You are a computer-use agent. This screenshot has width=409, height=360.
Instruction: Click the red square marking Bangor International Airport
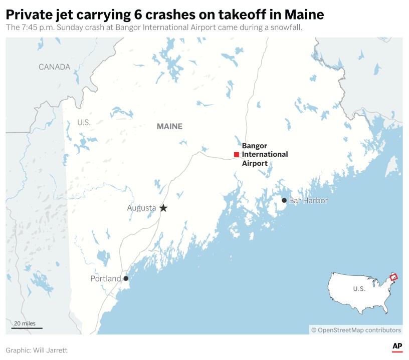coord(237,154)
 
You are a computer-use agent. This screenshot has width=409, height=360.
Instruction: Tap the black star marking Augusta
coord(163,208)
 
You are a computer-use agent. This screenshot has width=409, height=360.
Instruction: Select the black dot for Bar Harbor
coord(284,200)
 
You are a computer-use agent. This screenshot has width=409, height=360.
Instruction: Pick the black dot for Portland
coord(126,278)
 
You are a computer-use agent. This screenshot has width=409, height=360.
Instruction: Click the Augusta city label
coord(141,208)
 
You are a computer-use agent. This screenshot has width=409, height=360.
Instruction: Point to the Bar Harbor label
coord(308,200)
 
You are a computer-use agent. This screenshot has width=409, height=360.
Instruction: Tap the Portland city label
coord(105,278)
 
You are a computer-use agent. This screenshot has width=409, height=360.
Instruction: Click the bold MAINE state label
coord(169,126)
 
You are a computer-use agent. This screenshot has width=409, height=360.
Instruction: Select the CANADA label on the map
coord(54,67)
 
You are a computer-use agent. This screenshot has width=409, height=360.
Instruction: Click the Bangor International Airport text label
coord(265,154)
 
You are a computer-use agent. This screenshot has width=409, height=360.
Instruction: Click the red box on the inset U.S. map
coord(393,277)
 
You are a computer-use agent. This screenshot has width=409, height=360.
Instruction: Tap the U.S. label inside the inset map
coord(359,289)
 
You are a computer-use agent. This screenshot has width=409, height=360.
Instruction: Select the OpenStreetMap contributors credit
coord(356,330)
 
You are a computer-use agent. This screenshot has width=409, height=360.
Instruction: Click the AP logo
coord(397,346)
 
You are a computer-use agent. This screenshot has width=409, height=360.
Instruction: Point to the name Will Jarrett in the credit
coord(51,350)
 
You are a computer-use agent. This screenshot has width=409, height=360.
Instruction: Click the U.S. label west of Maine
coord(83,122)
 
